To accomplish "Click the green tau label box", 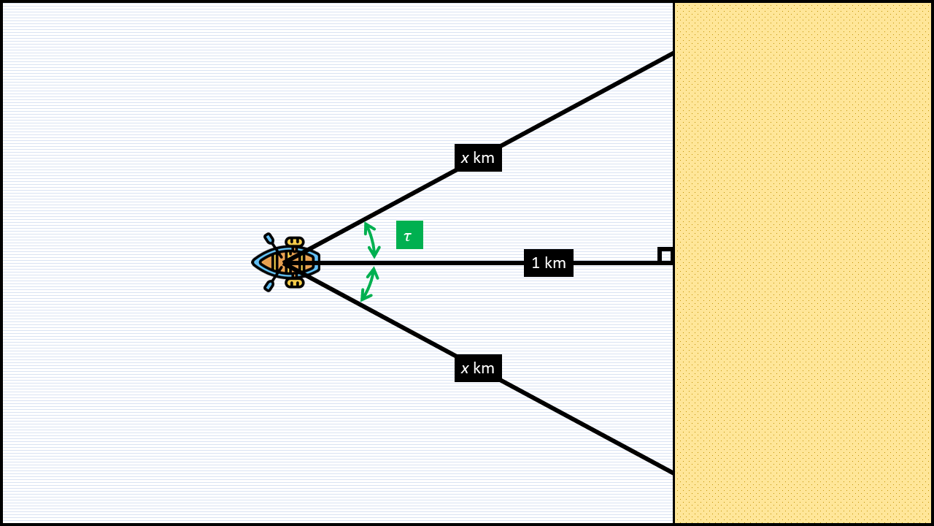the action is pos(409,235).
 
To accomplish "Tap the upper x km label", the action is pos(478,158).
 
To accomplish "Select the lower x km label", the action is pos(478,368).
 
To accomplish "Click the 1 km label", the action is pos(549,263).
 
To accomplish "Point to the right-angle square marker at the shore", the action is pos(665,255).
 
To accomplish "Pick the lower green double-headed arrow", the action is pos(368,284).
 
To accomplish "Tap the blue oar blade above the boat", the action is pos(269,238).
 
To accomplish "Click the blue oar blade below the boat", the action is pos(269,286).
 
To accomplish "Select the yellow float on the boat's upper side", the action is pos(294,242).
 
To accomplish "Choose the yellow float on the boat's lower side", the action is pos(294,283).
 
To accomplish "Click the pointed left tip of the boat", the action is pos(253,262).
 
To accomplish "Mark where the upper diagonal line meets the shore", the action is pos(673,53).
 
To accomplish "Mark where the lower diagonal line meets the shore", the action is pos(673,473).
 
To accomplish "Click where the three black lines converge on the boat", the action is pos(286,262).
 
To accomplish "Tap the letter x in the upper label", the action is pos(465,158).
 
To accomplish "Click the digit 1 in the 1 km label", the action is pos(536,263).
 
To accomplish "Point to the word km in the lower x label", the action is pos(484,368).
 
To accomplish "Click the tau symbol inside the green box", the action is pos(407,236).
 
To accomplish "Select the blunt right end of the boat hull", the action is pos(318,262).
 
